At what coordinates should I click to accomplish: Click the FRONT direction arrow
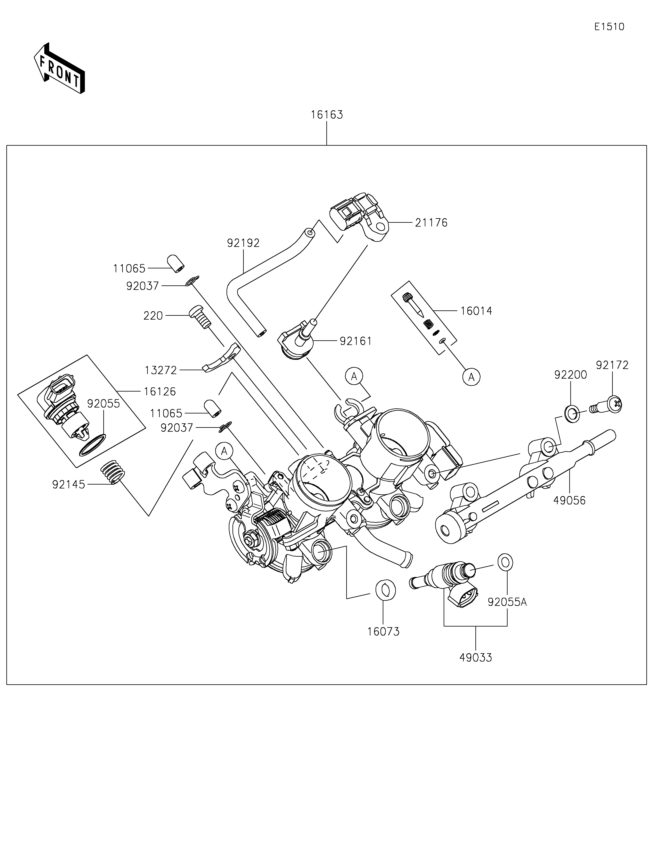click(59, 68)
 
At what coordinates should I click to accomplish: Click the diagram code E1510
click(609, 27)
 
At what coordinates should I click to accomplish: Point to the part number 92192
click(243, 243)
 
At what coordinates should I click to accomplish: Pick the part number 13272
click(161, 370)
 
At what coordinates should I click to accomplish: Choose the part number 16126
click(160, 392)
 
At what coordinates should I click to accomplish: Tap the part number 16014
click(476, 311)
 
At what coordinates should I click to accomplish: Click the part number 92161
click(356, 341)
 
